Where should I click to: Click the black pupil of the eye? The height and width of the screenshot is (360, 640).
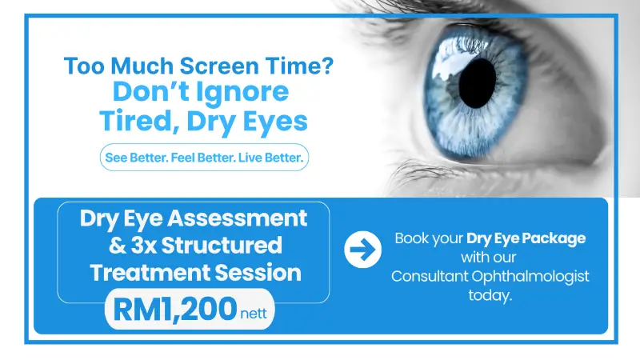tap(477, 83)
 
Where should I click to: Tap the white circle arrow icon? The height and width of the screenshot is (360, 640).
tap(363, 250)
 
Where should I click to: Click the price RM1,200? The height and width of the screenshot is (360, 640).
tap(174, 310)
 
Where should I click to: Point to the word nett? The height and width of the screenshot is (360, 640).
tap(254, 314)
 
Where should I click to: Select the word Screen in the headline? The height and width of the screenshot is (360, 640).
tap(219, 66)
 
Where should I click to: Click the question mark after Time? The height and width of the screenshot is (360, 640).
tap(328, 66)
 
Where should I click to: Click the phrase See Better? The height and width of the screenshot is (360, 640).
tap(136, 158)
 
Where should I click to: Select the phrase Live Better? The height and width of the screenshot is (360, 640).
tap(271, 158)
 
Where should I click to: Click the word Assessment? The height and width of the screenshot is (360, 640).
tap(237, 218)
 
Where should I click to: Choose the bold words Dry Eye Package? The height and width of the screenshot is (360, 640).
tap(526, 238)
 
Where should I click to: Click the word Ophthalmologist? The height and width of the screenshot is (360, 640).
tap(530, 277)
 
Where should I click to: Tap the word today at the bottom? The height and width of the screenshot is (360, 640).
tap(490, 295)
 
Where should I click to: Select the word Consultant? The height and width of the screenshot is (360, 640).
tap(430, 276)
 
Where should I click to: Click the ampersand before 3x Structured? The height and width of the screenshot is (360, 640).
tap(118, 246)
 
